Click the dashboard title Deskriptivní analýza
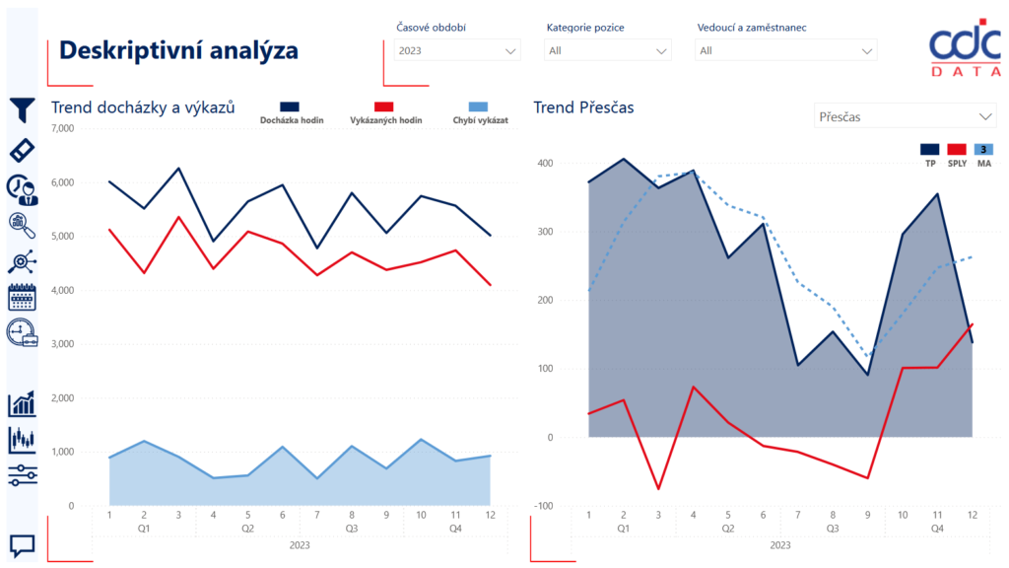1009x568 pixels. (x=178, y=50)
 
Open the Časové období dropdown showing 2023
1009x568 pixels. (x=456, y=50)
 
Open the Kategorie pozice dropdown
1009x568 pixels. (x=608, y=50)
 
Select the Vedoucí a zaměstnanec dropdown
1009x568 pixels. (x=785, y=50)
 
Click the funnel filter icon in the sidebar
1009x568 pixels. (x=22, y=110)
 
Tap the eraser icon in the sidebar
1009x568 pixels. (x=22, y=150)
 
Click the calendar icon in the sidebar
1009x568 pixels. (x=22, y=297)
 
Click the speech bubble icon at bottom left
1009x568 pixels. (x=22, y=544)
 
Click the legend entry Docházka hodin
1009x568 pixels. (x=292, y=113)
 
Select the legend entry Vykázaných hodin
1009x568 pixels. (x=385, y=113)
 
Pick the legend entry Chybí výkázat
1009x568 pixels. (x=480, y=113)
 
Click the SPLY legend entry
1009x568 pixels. (x=957, y=155)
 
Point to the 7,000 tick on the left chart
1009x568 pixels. (x=61, y=129)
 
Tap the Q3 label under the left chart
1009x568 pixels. (x=351, y=529)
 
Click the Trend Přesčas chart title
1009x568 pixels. (x=583, y=107)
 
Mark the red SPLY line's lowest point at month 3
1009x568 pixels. (x=658, y=489)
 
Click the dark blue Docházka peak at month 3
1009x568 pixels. (x=178, y=169)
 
